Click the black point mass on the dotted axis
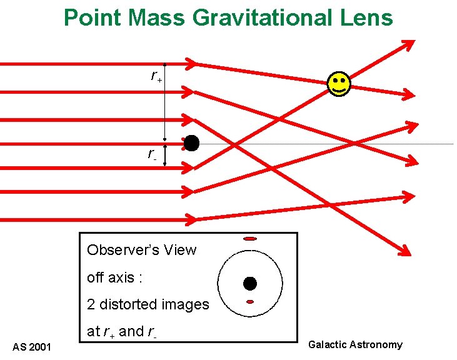click(x=191, y=143)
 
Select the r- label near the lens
click(x=152, y=154)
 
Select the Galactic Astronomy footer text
click(x=356, y=344)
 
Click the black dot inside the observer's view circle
click(x=250, y=284)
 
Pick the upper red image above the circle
click(x=250, y=239)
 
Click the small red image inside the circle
click(x=250, y=302)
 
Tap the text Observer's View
click(x=141, y=250)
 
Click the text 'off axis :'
click(x=111, y=277)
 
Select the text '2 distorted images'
click(x=148, y=304)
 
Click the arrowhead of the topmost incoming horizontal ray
click(x=190, y=63)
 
